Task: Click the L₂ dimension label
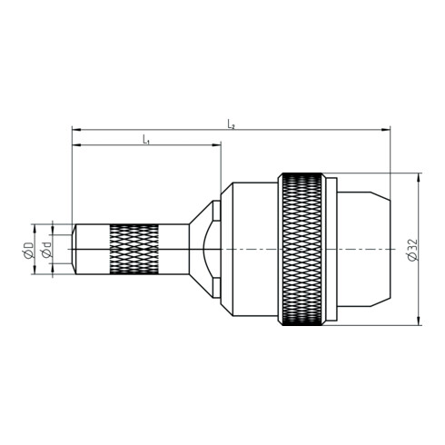[x=231, y=124]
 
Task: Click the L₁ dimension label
[x=146, y=140]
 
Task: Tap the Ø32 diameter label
[x=412, y=250]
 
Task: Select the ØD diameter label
[x=28, y=250]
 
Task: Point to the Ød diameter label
[x=46, y=250]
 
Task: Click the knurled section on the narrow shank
[x=133, y=250]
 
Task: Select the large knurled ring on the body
[x=302, y=249]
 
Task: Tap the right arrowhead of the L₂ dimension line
[x=386, y=130]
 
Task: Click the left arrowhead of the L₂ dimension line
[x=76, y=130]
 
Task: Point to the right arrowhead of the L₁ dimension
[x=217, y=145]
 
